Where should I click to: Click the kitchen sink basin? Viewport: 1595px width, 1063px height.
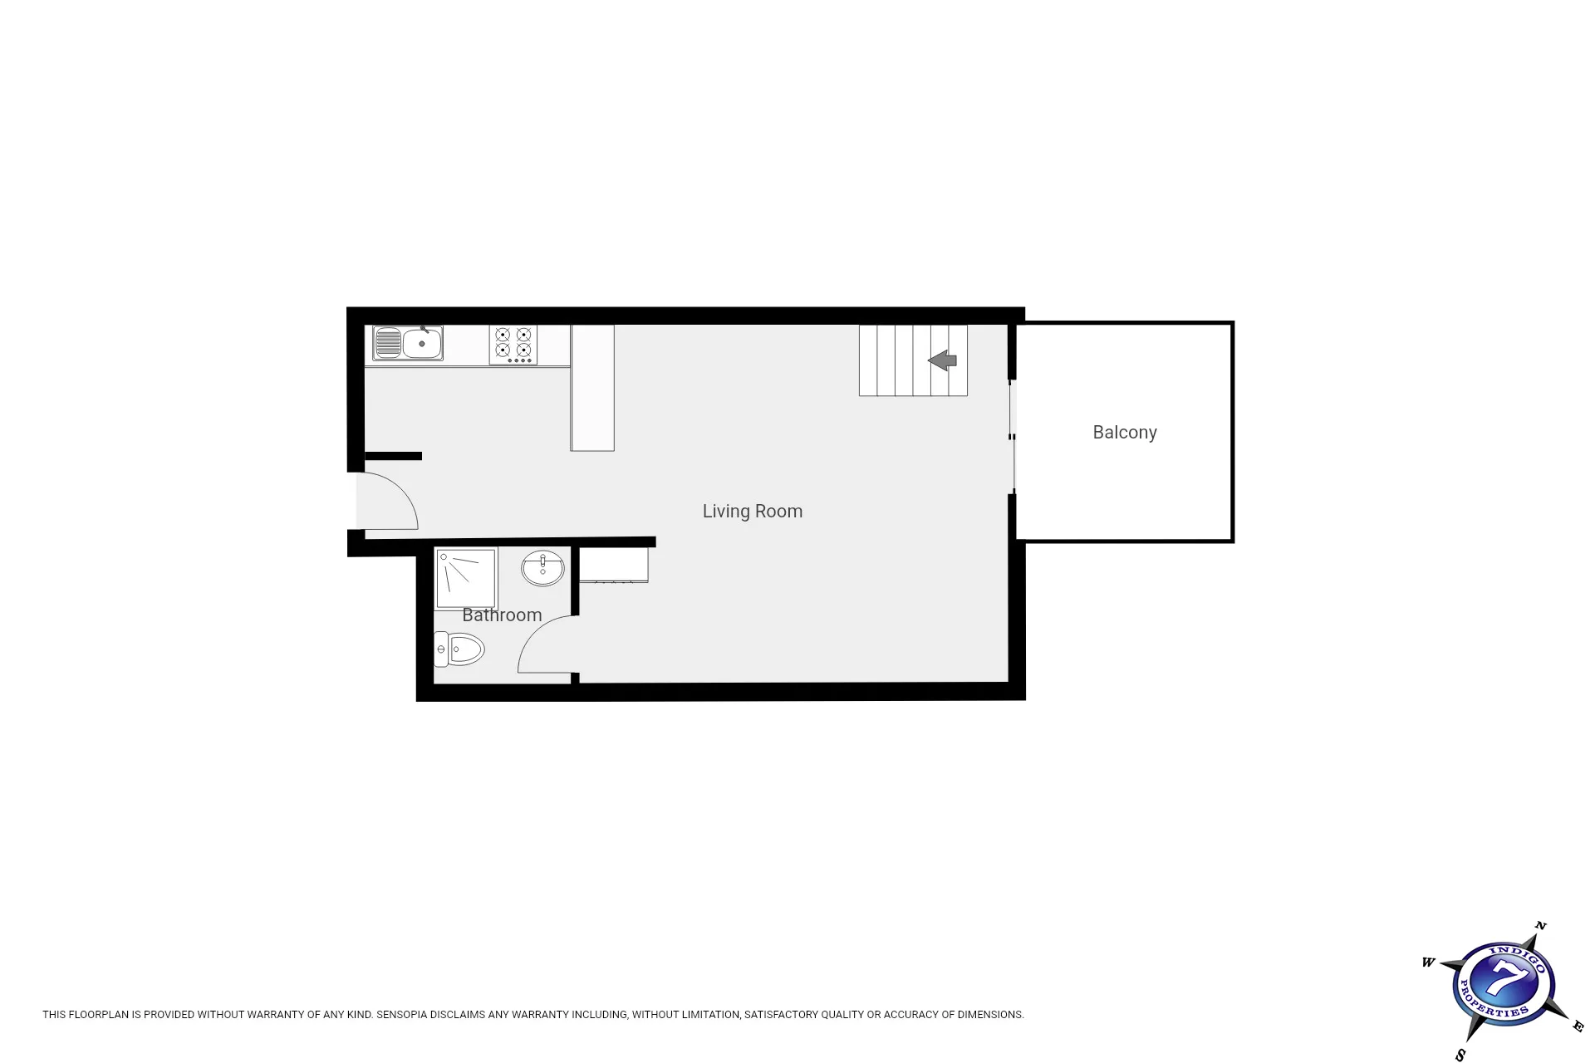(x=422, y=343)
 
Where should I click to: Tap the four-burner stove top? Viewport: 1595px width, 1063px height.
(x=513, y=345)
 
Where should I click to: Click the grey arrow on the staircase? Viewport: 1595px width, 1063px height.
(x=943, y=360)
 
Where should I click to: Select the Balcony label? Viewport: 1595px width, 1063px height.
(x=1125, y=432)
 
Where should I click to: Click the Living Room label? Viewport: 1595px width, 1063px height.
(x=753, y=512)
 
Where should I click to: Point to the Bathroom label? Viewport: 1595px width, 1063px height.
(x=502, y=615)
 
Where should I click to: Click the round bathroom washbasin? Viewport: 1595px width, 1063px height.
(x=542, y=569)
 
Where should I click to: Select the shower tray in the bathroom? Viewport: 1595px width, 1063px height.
(x=466, y=579)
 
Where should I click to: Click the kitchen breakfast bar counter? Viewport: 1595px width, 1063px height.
(x=592, y=388)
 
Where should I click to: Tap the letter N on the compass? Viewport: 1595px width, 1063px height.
(x=1540, y=925)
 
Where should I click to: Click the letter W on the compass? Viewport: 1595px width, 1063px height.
(x=1429, y=963)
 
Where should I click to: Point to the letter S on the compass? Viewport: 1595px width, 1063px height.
(x=1461, y=1056)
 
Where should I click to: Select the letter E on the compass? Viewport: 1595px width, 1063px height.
(x=1578, y=1026)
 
